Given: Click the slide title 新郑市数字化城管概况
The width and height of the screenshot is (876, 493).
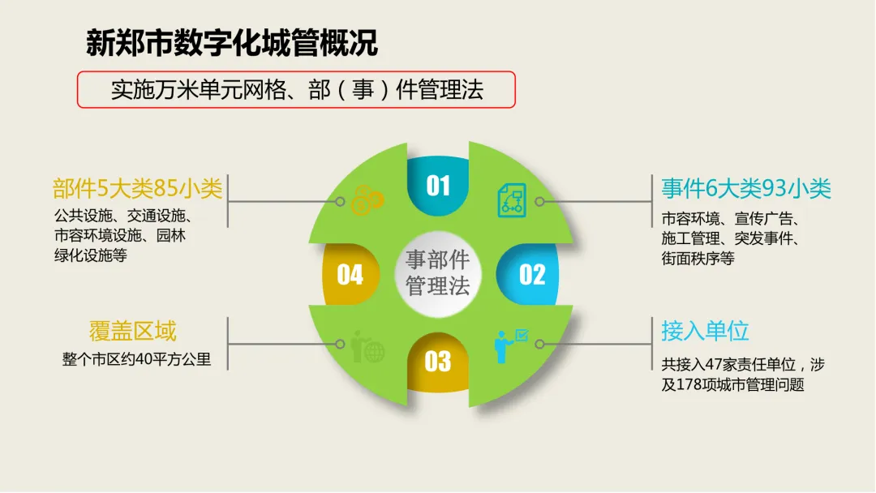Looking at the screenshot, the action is coord(232,43).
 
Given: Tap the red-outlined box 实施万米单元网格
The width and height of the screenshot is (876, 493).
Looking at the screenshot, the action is coord(296,89).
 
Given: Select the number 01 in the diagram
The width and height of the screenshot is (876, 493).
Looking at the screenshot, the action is coord(438,186).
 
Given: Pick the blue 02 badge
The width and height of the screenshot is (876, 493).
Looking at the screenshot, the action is coord(530,274).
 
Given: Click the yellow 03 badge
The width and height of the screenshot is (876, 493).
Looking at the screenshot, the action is coord(438,362).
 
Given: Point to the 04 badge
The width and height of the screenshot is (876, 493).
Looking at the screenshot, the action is coord(350,274).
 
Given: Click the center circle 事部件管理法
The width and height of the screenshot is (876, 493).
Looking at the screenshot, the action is coord(438,273).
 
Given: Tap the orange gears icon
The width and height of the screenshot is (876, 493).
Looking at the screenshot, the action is coord(367,200).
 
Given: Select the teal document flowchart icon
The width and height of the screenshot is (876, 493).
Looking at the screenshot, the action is coord(512,200).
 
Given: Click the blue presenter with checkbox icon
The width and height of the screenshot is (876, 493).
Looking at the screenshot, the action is coord(510,345).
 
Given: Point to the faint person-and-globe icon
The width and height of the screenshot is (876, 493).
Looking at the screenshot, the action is coord(367,346).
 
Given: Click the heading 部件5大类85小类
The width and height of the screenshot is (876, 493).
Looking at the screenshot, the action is coord(137,189).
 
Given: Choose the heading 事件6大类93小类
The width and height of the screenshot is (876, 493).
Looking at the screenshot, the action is coord(746,189).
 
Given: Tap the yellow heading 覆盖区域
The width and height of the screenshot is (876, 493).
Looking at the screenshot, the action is coord(133,331).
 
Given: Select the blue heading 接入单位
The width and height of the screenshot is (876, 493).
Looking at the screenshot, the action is coord(705,331).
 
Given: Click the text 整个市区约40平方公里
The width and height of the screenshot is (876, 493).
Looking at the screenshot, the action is coord(136,359).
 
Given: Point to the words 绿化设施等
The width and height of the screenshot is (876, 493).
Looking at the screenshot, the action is coord(91,255).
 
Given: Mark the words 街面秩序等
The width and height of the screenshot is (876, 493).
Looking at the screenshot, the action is coord(698,259).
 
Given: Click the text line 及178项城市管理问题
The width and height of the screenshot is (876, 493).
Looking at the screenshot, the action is coord(733,384).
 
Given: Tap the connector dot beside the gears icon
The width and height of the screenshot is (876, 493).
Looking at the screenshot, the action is coord(340,201).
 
